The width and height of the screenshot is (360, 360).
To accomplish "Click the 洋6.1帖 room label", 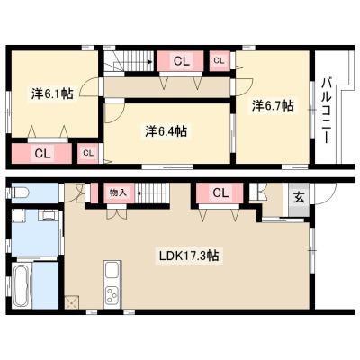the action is click(52, 94).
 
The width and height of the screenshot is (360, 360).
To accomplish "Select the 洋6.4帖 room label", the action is click(166, 131).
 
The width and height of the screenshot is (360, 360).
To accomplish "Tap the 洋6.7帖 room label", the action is click(273, 105).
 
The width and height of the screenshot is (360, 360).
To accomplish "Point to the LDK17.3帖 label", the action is click(189, 256).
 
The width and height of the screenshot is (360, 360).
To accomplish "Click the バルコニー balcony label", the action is click(326, 111).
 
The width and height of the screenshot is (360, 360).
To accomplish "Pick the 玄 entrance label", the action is click(299, 198).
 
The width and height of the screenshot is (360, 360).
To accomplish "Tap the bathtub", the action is click(22, 284).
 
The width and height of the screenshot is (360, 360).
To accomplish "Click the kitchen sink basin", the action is click(113, 271).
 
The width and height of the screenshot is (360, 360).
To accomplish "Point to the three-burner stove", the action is click(112, 295).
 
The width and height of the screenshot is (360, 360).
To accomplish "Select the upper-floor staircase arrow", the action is click(134, 63).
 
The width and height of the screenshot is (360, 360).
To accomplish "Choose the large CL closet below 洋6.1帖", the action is click(41, 154).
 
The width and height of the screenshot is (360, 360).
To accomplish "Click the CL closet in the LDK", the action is click(220, 193).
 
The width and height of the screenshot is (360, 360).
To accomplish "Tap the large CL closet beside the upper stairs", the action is click(180, 61).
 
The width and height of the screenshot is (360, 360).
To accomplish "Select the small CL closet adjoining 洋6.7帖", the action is click(219, 61).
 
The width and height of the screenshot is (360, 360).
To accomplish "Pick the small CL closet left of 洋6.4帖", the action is click(88, 153).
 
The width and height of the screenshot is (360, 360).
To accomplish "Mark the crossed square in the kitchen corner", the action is click(72, 302).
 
